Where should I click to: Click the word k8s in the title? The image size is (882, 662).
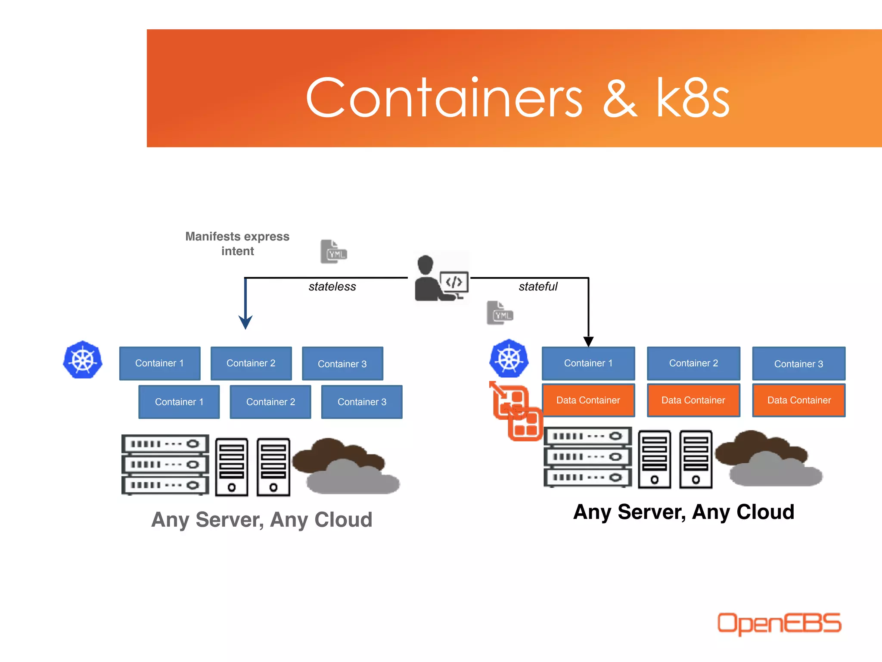pyautogui.click(x=692, y=98)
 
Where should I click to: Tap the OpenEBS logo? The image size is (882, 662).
pyautogui.click(x=779, y=623)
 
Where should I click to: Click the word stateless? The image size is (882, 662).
pyautogui.click(x=332, y=287)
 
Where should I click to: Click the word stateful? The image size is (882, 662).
pyautogui.click(x=537, y=287)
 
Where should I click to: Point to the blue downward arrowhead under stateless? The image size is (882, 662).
pyautogui.click(x=245, y=322)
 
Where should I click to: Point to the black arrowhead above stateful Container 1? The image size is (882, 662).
pyautogui.click(x=588, y=342)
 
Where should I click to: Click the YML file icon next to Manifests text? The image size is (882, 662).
pyautogui.click(x=333, y=252)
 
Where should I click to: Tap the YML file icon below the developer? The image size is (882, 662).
pyautogui.click(x=500, y=313)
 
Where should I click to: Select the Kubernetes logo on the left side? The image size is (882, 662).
pyautogui.click(x=83, y=360)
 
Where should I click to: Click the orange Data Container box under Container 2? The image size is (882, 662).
pyautogui.click(x=693, y=400)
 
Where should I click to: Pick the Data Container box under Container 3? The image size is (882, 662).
pyautogui.click(x=798, y=400)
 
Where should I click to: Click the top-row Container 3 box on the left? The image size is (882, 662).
pyautogui.click(x=342, y=364)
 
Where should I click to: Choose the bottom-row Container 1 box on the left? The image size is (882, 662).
pyautogui.click(x=179, y=402)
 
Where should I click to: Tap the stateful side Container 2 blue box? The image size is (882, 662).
pyautogui.click(x=693, y=363)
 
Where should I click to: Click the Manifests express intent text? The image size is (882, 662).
pyautogui.click(x=237, y=244)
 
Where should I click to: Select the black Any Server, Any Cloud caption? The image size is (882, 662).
pyautogui.click(x=683, y=512)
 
